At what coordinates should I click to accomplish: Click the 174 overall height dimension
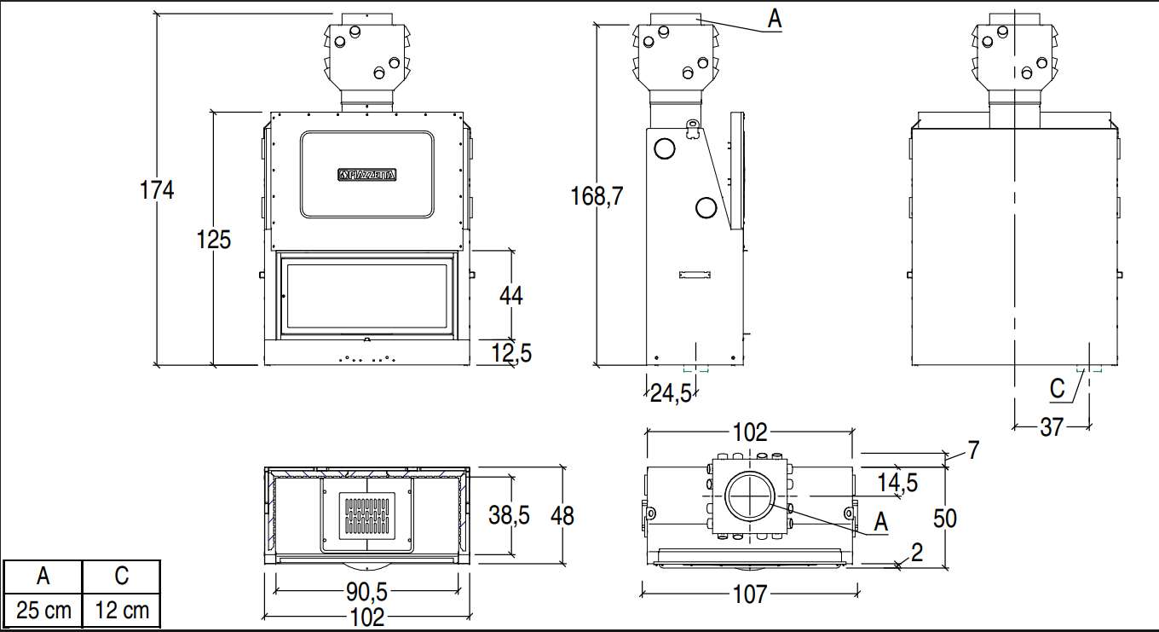pos(157,189)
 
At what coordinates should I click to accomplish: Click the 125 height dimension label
pos(214,240)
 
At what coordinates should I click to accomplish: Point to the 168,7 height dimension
pos(597,196)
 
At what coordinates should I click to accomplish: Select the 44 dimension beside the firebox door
pos(511,296)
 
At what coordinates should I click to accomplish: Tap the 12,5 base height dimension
pos(511,353)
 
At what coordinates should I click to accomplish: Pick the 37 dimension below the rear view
pos(1052,427)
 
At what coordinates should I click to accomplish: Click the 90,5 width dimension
pos(366,591)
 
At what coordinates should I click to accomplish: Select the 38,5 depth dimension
pos(509,515)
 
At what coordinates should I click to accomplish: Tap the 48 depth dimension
pos(562,516)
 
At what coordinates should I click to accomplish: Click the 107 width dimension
pos(750,594)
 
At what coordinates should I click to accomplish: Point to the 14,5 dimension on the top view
pos(897,483)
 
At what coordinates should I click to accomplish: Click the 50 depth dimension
pos(945,519)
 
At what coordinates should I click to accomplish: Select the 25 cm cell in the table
pos(43,610)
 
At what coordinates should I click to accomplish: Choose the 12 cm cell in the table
pos(122,610)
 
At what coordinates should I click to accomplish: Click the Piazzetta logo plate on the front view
pos(366,175)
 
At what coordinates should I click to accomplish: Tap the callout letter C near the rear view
pos(1058,389)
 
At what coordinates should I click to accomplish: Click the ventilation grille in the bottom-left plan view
pos(366,517)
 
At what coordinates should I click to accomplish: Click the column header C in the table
pos(122,576)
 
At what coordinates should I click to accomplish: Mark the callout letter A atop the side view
pos(775,19)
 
